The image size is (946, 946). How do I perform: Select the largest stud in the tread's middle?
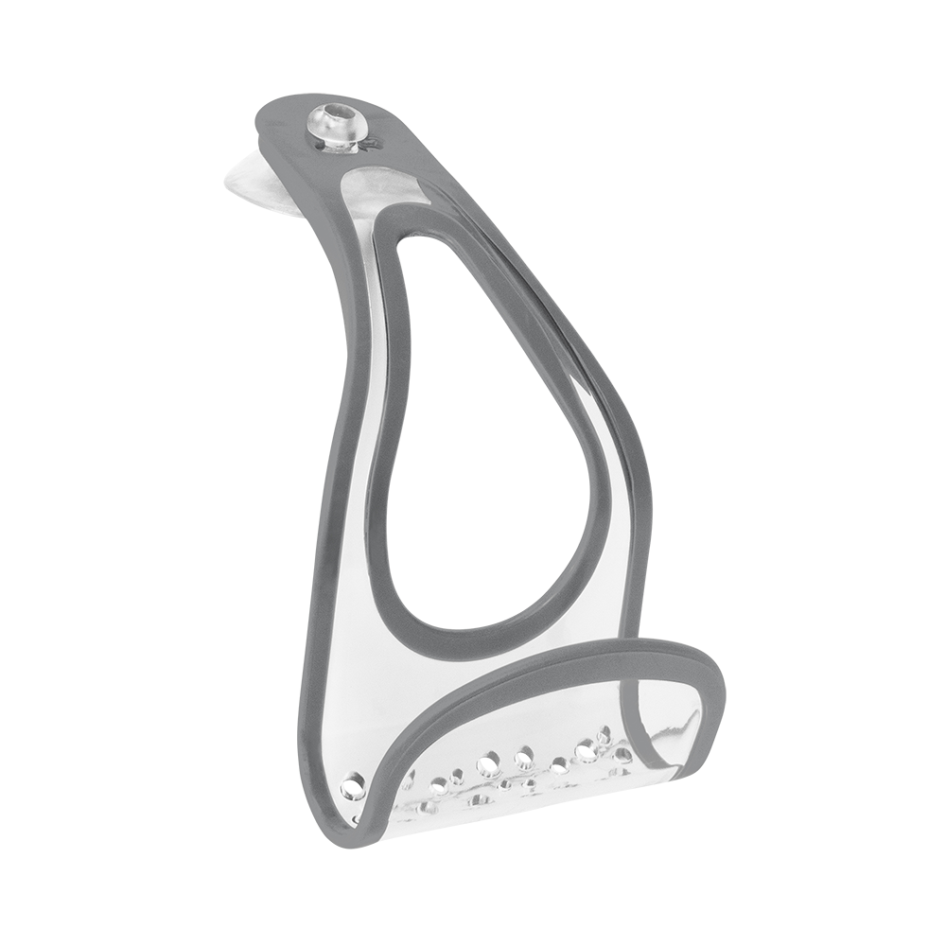tap(489, 759)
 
